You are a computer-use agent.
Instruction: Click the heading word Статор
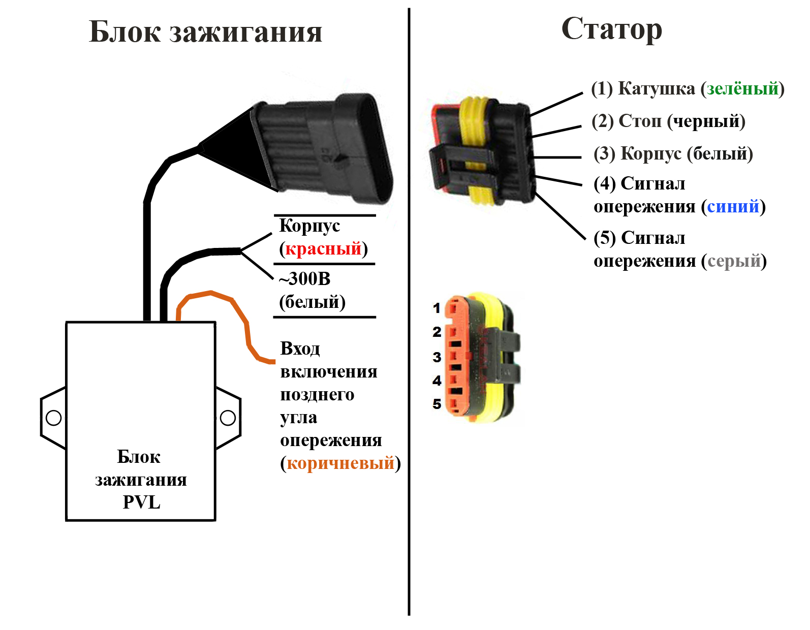pos(612,29)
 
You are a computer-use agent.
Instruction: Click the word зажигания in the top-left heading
pos(245,33)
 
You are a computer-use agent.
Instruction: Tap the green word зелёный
pos(742,89)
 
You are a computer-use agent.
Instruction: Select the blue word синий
pos(733,206)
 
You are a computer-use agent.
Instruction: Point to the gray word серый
pos(734,261)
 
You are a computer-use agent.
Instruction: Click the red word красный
pos(323,249)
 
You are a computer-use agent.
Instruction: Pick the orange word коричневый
pos(340,463)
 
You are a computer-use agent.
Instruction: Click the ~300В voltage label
pos(305,279)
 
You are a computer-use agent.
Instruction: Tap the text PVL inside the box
pos(141,502)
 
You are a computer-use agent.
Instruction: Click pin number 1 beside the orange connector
pos(437,308)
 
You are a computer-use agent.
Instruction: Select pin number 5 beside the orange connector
pos(437,404)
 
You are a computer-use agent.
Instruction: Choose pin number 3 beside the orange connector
pos(437,357)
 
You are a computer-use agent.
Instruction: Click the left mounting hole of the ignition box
pos(53,418)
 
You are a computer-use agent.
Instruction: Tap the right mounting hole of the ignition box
pos(228,418)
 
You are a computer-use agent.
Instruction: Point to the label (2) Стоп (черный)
pos(668,121)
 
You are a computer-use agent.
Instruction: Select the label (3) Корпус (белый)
pos(673,153)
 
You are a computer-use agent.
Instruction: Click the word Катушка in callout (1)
pos(656,89)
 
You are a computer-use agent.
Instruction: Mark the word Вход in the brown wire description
pos(300,349)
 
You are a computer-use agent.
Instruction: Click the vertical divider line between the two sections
pos(409,356)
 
